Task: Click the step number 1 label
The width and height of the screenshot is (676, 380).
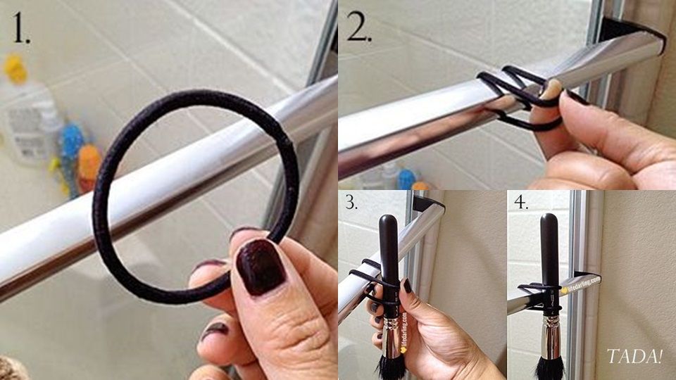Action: pos(20,27)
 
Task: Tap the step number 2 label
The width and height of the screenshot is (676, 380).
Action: pos(358,26)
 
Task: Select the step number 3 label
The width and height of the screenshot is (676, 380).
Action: pos(351,201)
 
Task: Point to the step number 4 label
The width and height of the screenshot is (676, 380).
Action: pos(521,201)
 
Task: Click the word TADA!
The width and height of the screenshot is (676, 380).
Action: pos(634,356)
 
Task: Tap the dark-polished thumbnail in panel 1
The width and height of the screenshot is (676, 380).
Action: pos(261,267)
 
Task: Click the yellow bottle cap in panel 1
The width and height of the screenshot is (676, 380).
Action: pos(15,68)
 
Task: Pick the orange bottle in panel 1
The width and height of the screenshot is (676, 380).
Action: pos(89,167)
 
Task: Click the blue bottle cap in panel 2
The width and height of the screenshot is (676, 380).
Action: pos(406,179)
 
